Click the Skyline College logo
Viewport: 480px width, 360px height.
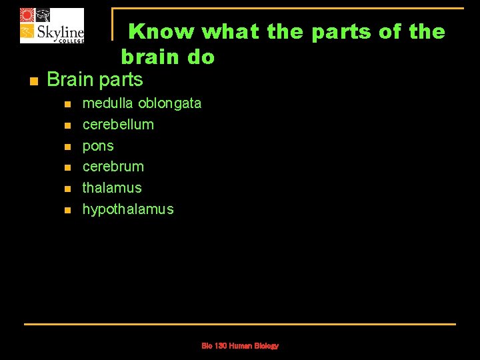tap(52, 25)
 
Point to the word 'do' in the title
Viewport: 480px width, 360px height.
tap(201, 57)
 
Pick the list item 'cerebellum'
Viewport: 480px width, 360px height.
tap(118, 125)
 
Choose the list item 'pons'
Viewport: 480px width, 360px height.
tap(98, 146)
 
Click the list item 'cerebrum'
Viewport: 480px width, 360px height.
tap(113, 167)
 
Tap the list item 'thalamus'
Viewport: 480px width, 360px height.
tap(112, 188)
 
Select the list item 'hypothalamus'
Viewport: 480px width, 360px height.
tap(127, 209)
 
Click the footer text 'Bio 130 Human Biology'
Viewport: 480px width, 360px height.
tap(240, 346)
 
